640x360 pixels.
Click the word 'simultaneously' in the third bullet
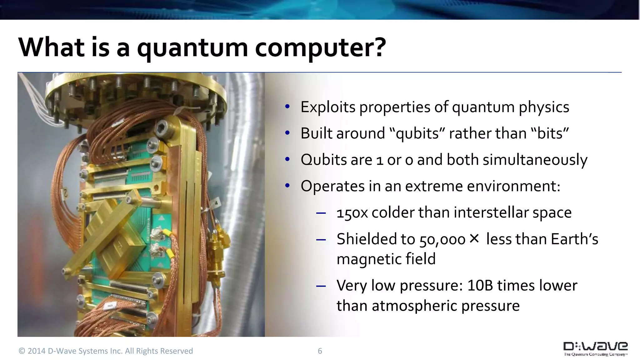pos(535,160)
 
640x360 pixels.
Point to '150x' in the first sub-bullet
pos(352,213)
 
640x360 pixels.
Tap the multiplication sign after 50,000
pos(474,239)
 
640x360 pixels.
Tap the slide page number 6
pos(320,351)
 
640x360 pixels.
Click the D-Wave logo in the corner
pos(595,349)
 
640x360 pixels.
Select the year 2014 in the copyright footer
pos(37,351)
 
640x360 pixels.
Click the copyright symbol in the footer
pos(22,351)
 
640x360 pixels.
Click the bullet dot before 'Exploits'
pos(287,107)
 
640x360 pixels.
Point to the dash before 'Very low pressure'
pos(321,286)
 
